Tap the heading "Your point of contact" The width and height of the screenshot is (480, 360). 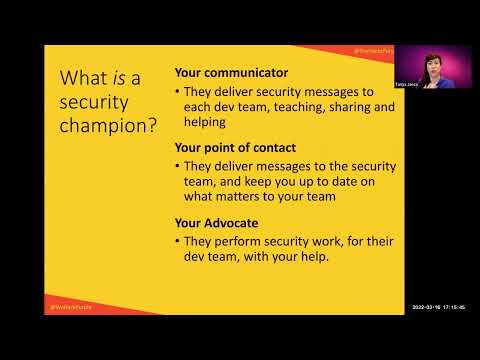[230, 146]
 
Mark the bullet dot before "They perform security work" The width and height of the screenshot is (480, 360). [178, 241]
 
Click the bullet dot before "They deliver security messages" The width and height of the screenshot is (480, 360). [178, 90]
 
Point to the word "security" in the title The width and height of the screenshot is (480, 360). [95, 104]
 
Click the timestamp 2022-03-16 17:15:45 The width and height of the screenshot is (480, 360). [438, 306]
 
